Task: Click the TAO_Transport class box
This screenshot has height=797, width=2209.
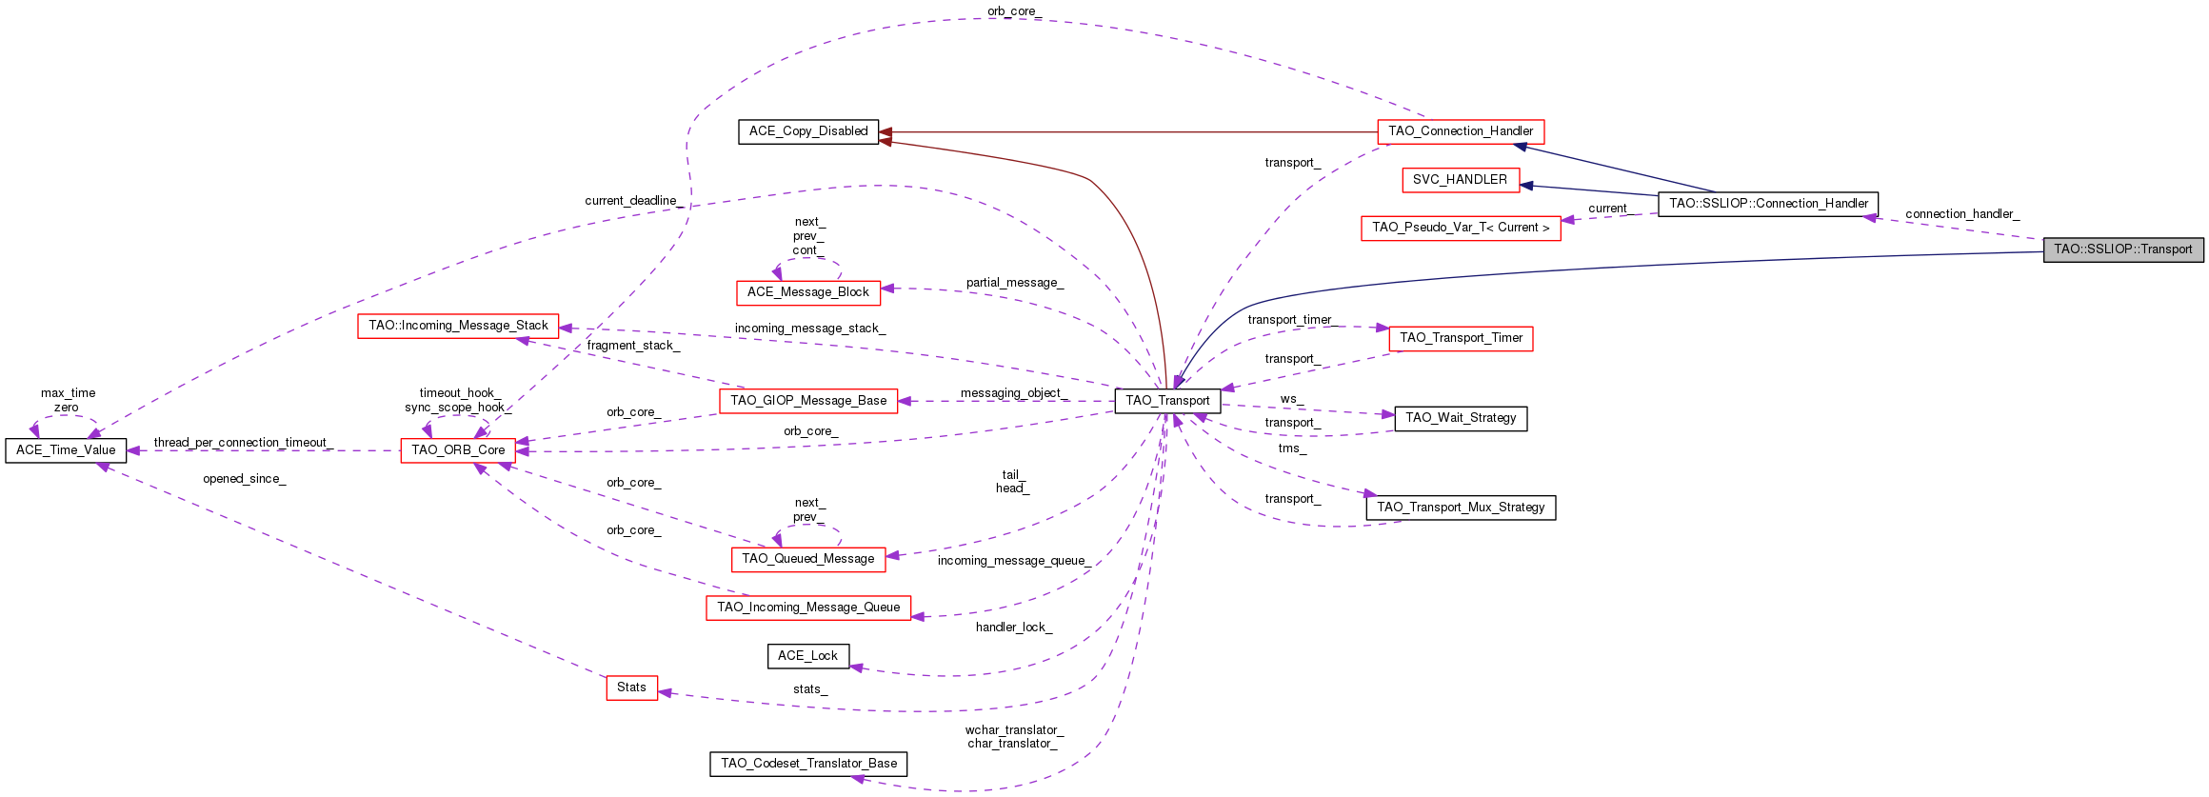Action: tap(1167, 401)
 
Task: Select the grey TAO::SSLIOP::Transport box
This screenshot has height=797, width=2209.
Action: tap(2122, 249)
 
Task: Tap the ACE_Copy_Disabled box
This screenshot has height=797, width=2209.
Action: tap(807, 131)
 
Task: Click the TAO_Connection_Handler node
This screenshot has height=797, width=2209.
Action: tap(1460, 131)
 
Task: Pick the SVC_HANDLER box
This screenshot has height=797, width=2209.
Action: tap(1460, 180)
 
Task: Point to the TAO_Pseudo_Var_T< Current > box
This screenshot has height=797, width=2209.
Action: tap(1460, 228)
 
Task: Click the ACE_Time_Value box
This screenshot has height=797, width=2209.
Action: tap(66, 450)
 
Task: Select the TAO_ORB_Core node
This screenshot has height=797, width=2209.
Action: tap(458, 450)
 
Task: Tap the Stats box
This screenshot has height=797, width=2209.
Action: tap(631, 687)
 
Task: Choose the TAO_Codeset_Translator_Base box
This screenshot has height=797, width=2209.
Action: tap(808, 764)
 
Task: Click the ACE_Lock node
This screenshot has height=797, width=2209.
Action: tap(807, 656)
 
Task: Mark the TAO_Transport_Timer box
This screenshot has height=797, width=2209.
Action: tap(1461, 338)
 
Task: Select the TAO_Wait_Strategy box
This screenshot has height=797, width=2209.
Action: tap(1460, 418)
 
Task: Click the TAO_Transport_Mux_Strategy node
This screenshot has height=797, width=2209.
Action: tap(1460, 508)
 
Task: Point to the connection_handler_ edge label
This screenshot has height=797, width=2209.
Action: tap(1961, 214)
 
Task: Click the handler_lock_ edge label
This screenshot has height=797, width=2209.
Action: tap(1013, 628)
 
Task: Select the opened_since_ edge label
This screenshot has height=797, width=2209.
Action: tap(244, 479)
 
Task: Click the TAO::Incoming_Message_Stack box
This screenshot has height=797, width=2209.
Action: tap(458, 326)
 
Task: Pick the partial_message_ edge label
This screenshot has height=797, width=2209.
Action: tap(1014, 283)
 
